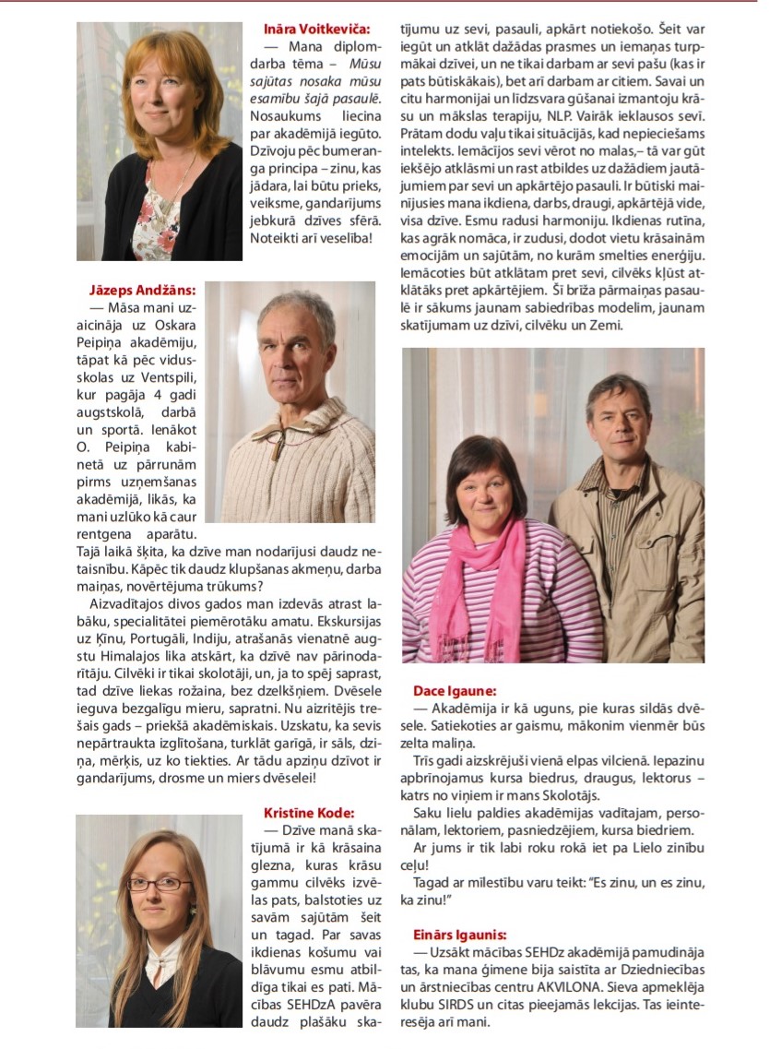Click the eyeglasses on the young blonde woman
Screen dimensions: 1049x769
[159, 884]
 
